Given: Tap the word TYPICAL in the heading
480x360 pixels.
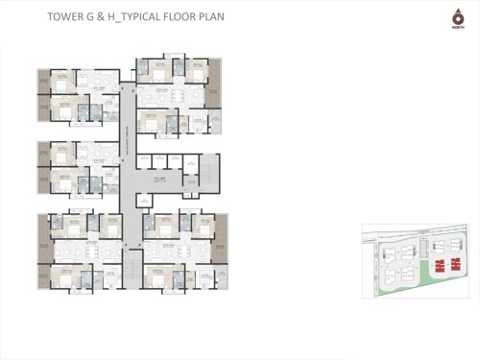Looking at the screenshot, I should click(139, 17).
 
